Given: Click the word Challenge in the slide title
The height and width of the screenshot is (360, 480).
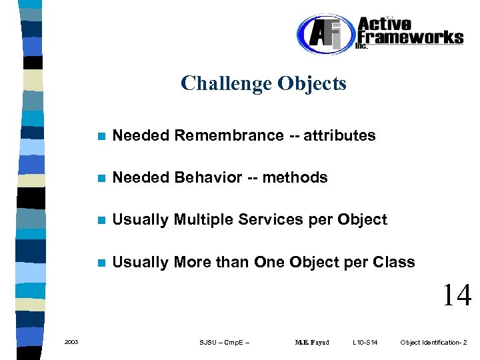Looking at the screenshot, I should pyautogui.click(x=217, y=84).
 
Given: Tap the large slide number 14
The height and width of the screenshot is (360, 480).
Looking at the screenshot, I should pyautogui.click(x=457, y=295).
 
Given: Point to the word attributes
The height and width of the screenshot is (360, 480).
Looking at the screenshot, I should pyautogui.click(x=340, y=136).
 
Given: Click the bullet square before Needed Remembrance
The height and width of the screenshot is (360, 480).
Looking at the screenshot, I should pyautogui.click(x=101, y=137).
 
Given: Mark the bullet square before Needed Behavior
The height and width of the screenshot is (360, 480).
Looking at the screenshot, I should pyautogui.click(x=101, y=179).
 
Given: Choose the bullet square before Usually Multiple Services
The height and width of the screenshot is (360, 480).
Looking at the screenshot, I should pyautogui.click(x=101, y=221).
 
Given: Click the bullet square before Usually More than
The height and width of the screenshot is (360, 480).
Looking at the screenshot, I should pyautogui.click(x=101, y=263).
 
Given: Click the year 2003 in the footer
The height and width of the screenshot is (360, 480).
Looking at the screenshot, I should pyautogui.click(x=71, y=343).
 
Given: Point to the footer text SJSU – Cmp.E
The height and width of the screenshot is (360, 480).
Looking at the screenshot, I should pyautogui.click(x=224, y=343).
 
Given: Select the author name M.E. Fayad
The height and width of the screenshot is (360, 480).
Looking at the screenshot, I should pyautogui.click(x=312, y=343).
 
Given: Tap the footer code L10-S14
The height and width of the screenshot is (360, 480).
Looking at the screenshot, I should pyautogui.click(x=365, y=343).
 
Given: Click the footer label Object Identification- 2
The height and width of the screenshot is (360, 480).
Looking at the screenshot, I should pyautogui.click(x=433, y=343).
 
